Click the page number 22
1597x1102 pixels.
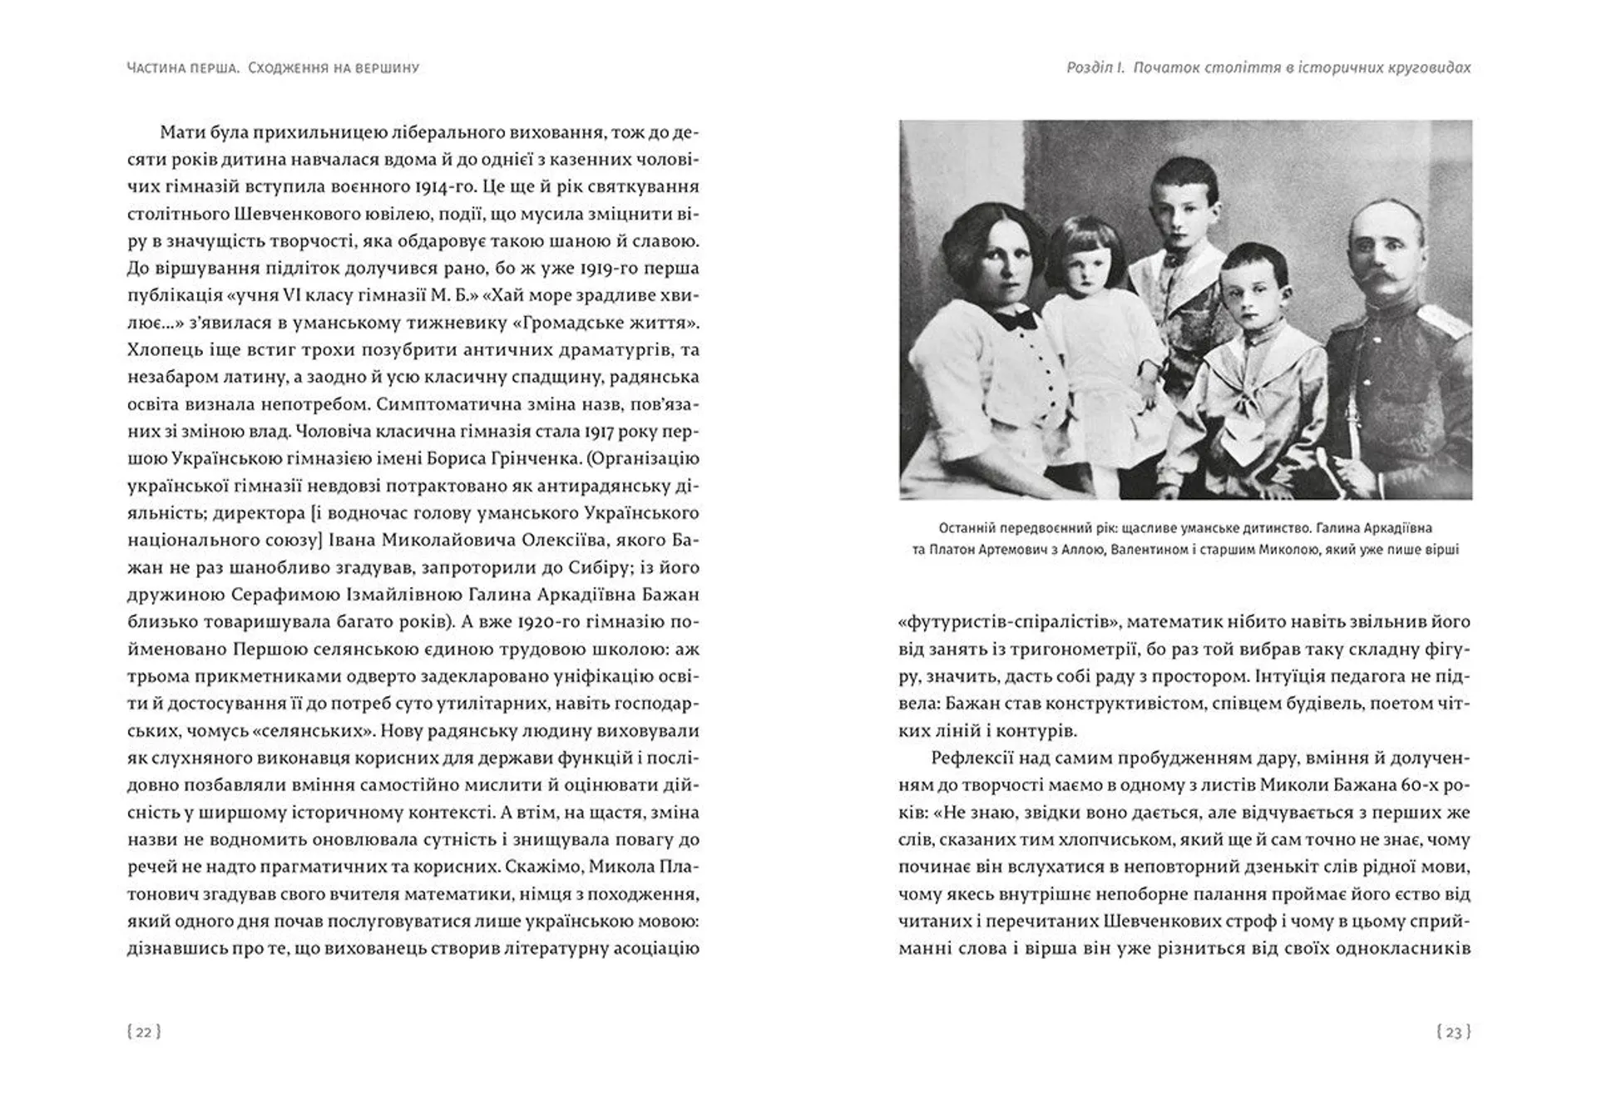[144, 1032]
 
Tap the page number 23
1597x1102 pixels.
[1454, 1032]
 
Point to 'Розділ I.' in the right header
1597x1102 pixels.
[1095, 68]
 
